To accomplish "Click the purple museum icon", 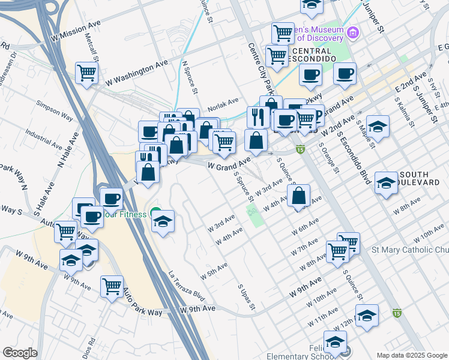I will [x=352, y=31].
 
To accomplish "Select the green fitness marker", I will [x=155, y=213].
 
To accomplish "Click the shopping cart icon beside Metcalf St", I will [x=87, y=74].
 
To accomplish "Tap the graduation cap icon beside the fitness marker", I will [x=163, y=221].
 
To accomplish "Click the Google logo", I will [x=20, y=353].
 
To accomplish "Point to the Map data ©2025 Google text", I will [x=412, y=355].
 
